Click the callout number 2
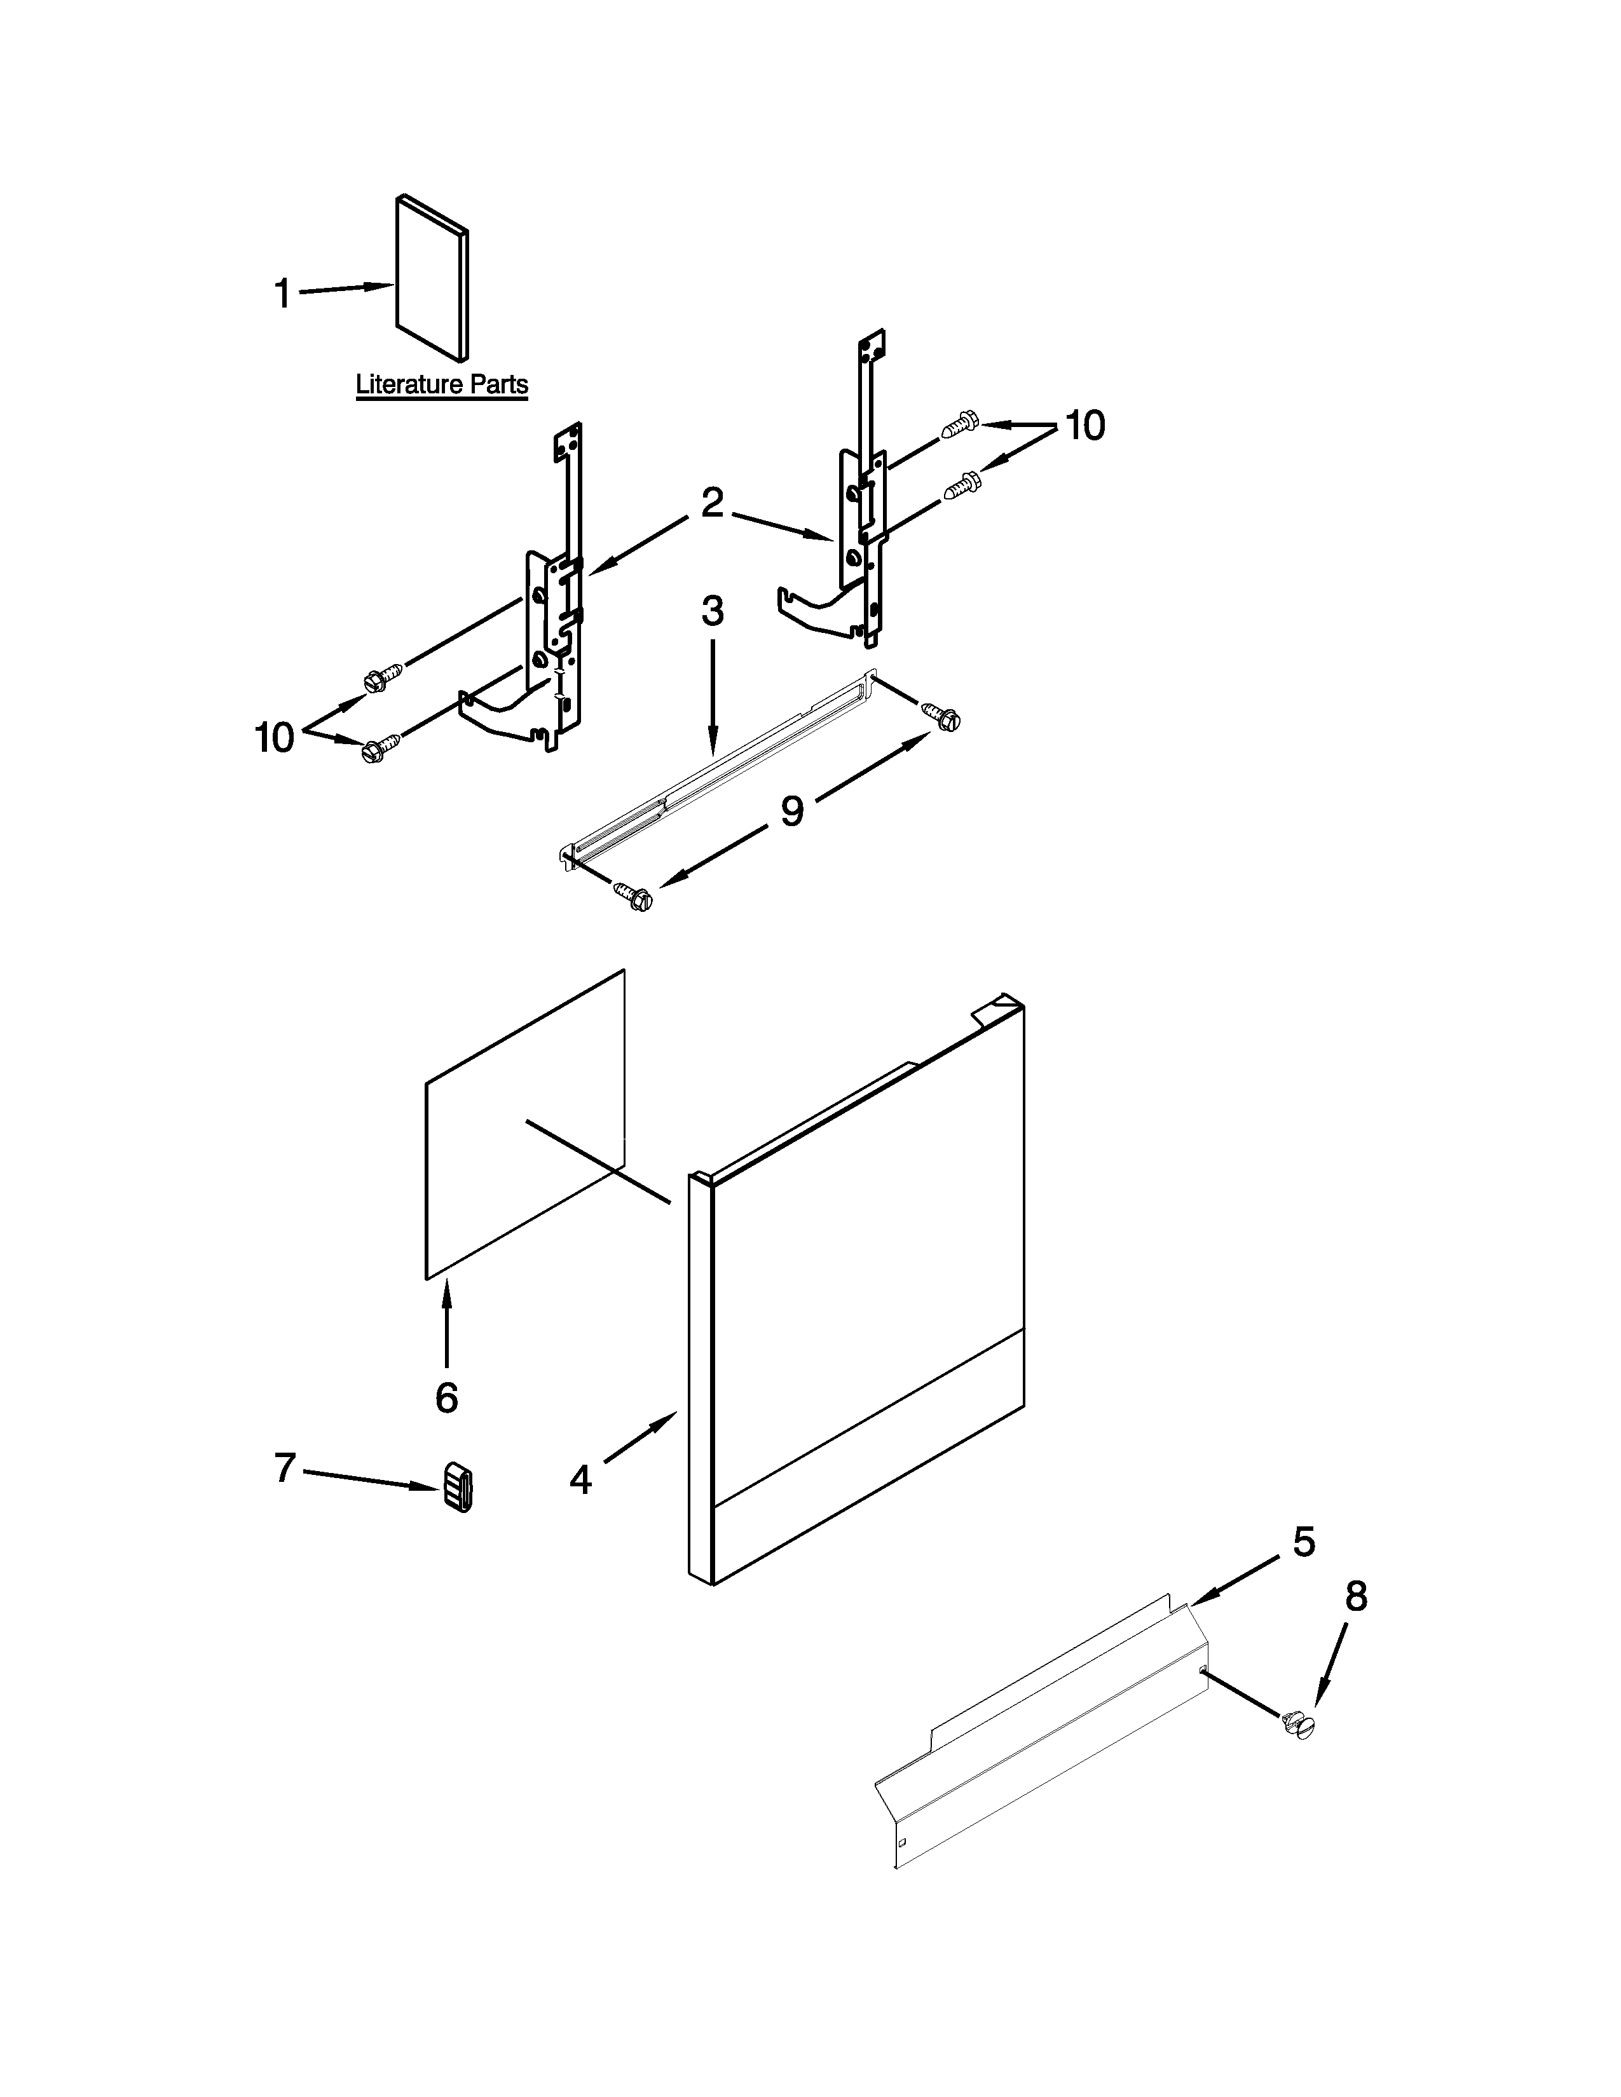pyautogui.click(x=711, y=503)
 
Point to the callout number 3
pyautogui.click(x=711, y=611)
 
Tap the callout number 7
pyautogui.click(x=284, y=1467)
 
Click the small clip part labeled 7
pyautogui.click(x=458, y=1488)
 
